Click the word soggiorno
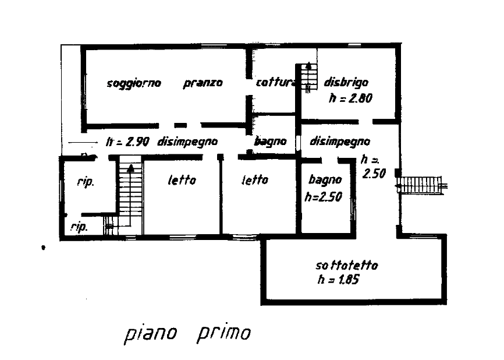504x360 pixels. click(x=134, y=84)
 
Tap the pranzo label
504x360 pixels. click(x=203, y=83)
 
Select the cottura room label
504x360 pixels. click(x=276, y=82)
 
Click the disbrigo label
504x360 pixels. click(x=346, y=82)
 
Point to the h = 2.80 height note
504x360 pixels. click(x=351, y=98)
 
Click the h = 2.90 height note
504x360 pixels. click(x=127, y=141)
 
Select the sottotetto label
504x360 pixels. click(x=347, y=266)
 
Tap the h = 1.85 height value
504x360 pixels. click(x=339, y=279)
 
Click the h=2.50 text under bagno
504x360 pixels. click(x=324, y=196)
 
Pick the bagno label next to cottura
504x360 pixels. click(x=270, y=141)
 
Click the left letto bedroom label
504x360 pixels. click(x=182, y=180)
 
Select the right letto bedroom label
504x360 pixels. click(x=255, y=179)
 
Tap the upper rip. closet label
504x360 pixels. click(x=86, y=182)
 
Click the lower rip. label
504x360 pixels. click(x=79, y=227)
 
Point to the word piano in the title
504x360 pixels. click(x=150, y=334)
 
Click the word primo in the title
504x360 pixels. click(x=223, y=333)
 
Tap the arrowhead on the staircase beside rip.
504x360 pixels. click(x=130, y=168)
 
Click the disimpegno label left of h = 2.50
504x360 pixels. click(x=340, y=141)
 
